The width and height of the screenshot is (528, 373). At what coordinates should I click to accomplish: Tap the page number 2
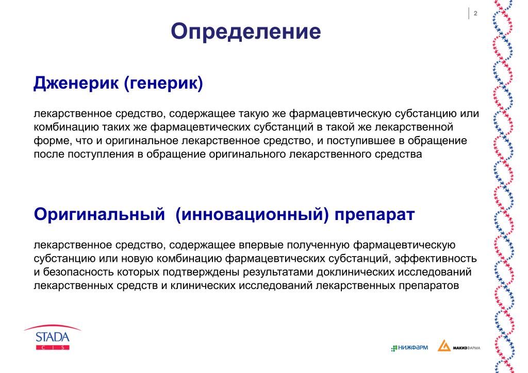point(475,13)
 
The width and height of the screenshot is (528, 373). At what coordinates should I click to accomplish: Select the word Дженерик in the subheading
point(76,82)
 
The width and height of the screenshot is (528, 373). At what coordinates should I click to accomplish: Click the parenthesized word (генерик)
point(163,83)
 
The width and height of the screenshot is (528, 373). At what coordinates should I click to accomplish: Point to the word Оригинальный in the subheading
point(100,214)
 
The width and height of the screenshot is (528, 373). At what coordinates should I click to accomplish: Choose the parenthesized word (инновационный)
point(252,214)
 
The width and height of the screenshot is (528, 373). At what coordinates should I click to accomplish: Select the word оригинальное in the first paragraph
point(142,141)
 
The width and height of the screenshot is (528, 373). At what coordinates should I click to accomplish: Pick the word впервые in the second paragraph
point(261,245)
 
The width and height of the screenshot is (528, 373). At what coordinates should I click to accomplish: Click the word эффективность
point(436,258)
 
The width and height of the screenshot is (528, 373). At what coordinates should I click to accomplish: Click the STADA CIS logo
point(53,337)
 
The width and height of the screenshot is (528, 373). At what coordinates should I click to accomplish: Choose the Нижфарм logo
point(409,347)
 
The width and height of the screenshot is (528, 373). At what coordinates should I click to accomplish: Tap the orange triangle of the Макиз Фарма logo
point(444,346)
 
